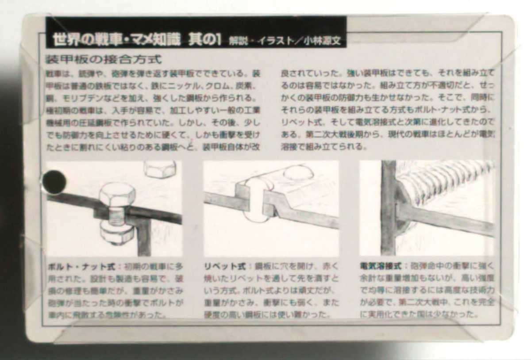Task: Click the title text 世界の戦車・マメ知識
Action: coord(116,39)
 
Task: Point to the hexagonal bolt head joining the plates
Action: coord(117,195)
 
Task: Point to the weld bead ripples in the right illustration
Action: coord(447,181)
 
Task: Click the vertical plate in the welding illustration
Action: coord(388,208)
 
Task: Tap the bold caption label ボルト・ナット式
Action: coord(81,267)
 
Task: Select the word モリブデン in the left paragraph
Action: coord(76,97)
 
